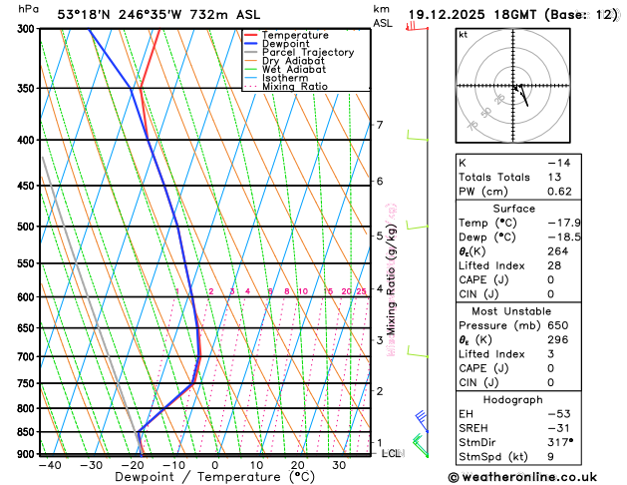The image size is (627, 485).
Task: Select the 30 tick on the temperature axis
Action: tap(339, 465)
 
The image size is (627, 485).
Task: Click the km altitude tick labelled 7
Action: tap(379, 125)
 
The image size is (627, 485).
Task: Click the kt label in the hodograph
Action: tap(463, 35)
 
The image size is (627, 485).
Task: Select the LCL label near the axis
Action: tap(391, 453)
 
